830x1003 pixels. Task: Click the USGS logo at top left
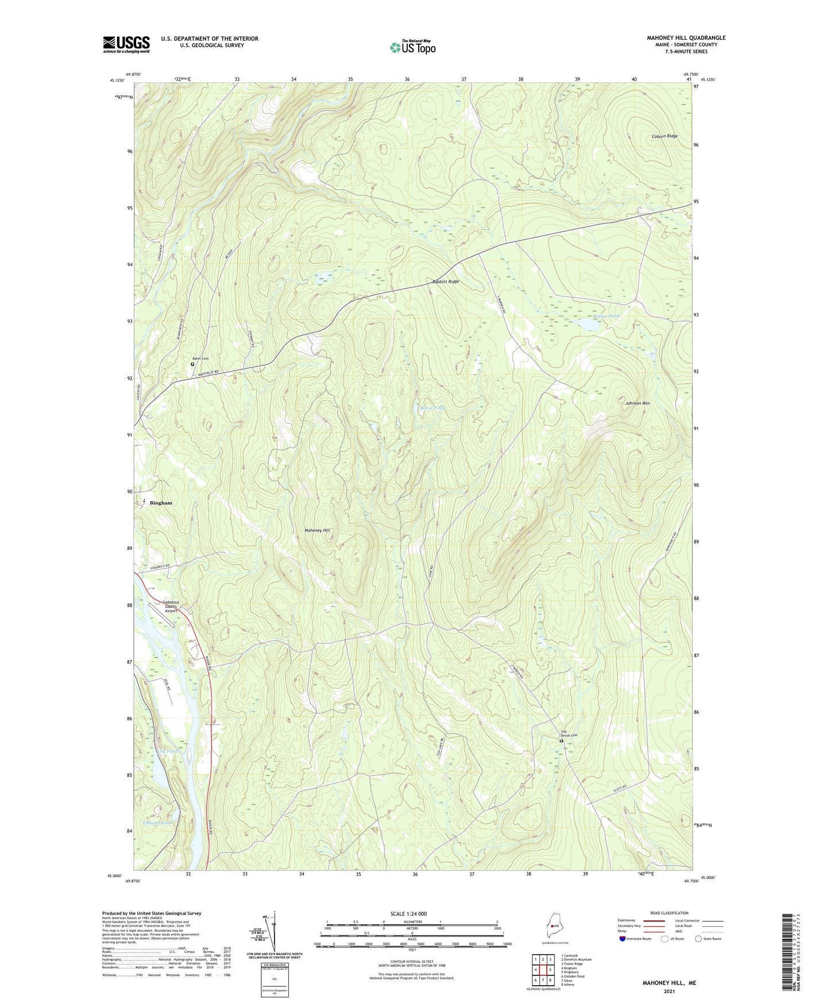(126, 44)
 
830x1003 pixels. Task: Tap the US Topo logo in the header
(412, 47)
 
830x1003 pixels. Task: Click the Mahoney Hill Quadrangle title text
(686, 38)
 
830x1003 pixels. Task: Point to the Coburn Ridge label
(665, 136)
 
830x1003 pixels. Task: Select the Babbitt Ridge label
(446, 282)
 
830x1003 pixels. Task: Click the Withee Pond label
(607, 316)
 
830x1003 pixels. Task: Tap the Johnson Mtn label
(637, 403)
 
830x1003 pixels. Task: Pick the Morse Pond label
(432, 408)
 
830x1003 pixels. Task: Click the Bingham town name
(161, 503)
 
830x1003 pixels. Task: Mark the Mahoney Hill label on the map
(317, 530)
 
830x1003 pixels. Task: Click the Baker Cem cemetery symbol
(192, 364)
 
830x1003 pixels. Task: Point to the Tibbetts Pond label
(157, 823)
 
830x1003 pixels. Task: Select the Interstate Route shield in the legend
(622, 939)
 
